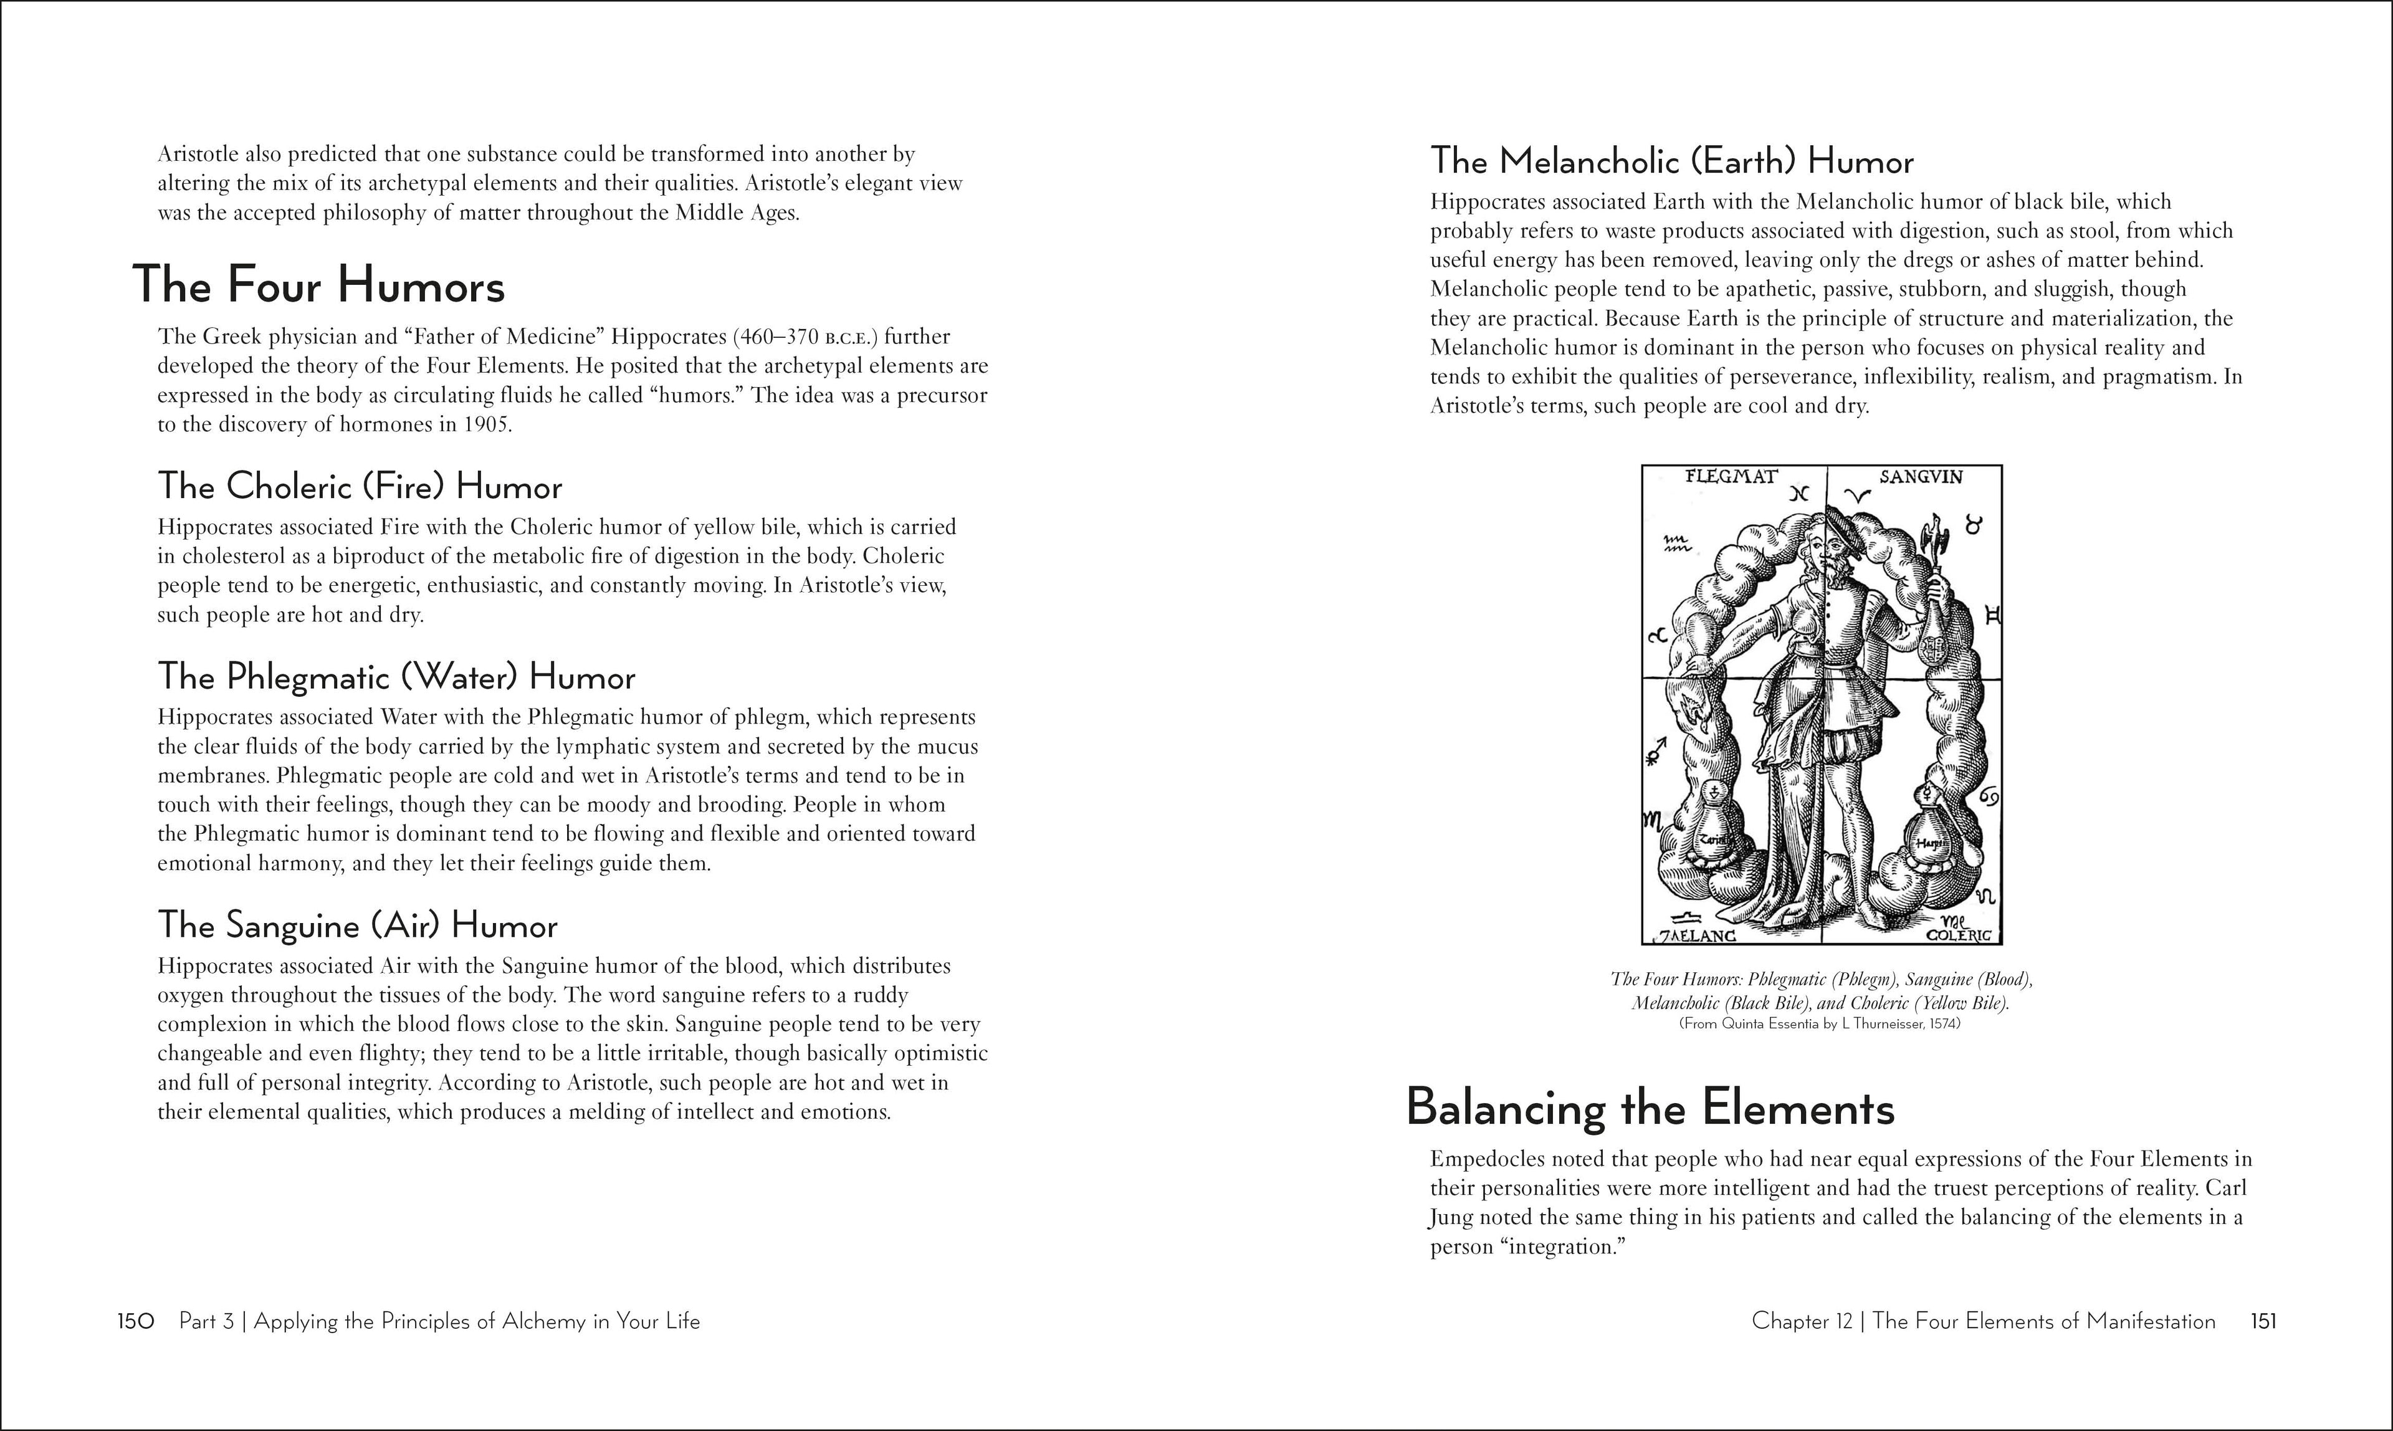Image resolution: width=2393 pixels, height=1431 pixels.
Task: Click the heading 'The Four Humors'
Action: click(318, 285)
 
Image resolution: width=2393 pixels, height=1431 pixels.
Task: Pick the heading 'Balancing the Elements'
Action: click(1650, 1108)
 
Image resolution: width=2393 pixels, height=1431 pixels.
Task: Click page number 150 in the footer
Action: click(136, 1321)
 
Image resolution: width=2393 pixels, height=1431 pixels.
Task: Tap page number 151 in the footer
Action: click(2263, 1321)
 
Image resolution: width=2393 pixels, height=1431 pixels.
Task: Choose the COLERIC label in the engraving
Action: click(1957, 936)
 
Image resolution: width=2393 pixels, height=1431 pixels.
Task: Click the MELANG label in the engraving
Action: click(1700, 936)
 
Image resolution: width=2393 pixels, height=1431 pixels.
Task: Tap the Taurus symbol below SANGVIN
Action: click(1975, 527)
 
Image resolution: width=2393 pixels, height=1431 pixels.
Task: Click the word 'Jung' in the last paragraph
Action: click(1451, 1218)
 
